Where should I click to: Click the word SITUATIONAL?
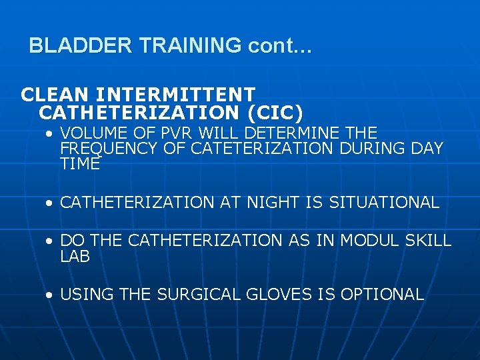pos(384,202)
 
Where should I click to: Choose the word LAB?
pos(75,257)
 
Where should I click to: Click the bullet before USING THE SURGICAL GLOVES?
pos(50,295)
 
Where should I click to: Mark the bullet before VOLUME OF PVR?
pos(50,133)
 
